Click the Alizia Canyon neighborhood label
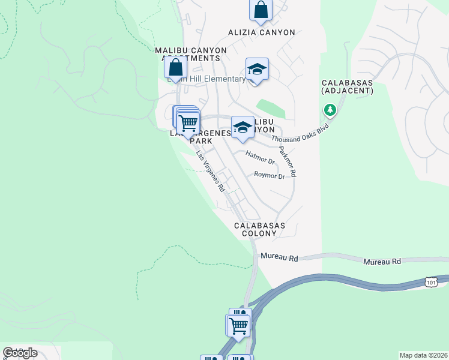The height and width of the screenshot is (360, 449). (261, 32)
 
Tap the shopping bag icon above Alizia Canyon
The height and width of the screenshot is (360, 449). (261, 10)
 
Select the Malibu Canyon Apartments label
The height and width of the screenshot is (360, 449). (191, 54)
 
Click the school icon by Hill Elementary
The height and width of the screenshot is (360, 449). (257, 70)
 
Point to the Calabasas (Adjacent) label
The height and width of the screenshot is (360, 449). (348, 86)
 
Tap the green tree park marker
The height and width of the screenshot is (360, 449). (330, 110)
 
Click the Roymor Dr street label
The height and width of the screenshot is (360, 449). (269, 176)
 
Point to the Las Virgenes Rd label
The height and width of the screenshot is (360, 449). (211, 171)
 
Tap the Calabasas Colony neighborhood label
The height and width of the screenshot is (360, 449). (259, 230)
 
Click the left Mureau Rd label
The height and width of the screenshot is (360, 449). (279, 258)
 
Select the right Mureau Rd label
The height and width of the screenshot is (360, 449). (382, 262)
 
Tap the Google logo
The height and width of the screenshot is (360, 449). (20, 353)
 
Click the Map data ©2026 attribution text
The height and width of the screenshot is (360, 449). (423, 355)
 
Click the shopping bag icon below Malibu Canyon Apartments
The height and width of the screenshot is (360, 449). (176, 68)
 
